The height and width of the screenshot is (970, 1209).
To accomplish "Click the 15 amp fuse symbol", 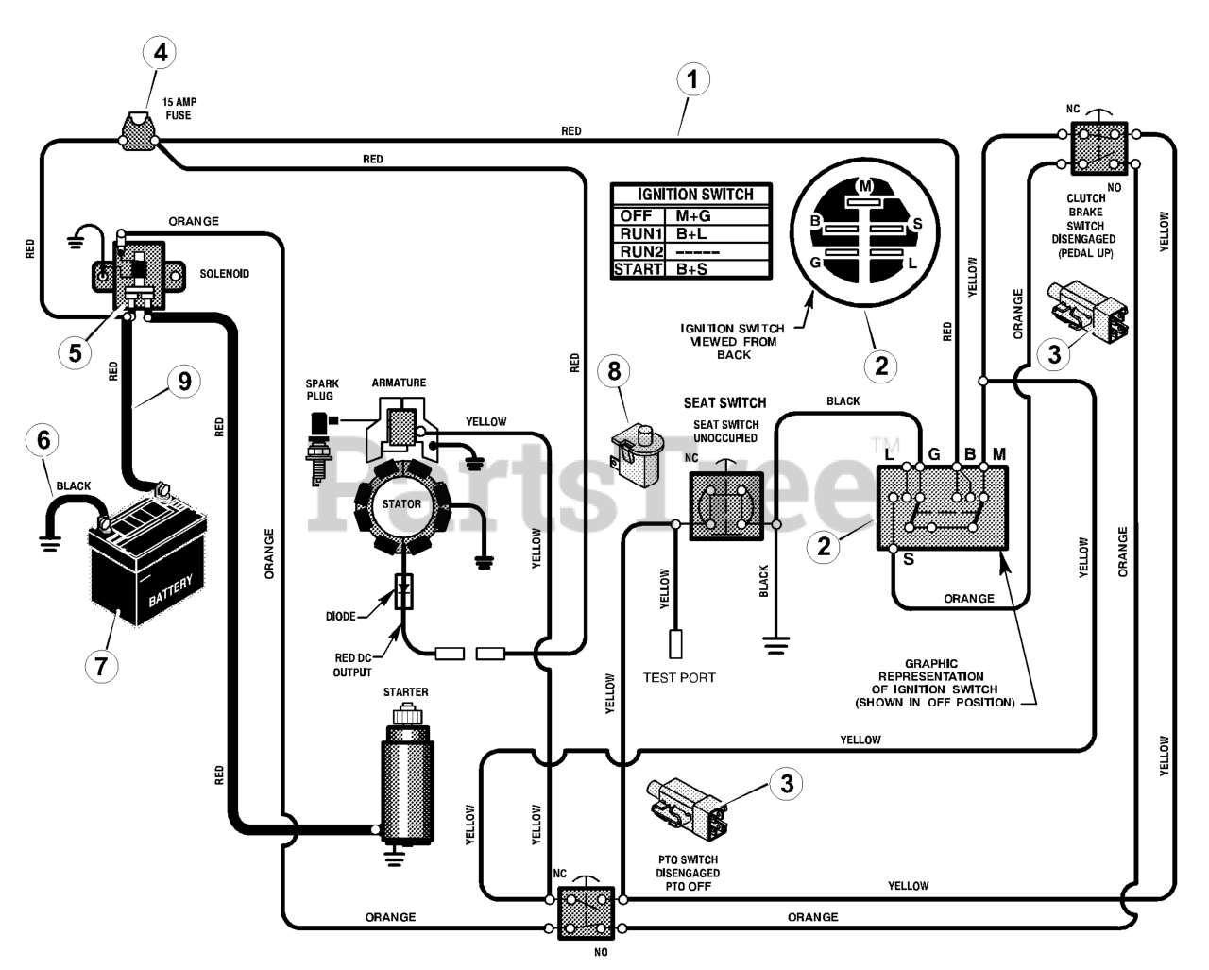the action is [x=138, y=132].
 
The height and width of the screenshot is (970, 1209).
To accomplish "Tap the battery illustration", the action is [x=147, y=556].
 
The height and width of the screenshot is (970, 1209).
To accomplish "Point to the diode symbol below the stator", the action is [x=404, y=592].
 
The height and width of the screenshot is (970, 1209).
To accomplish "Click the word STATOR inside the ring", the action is [x=401, y=504].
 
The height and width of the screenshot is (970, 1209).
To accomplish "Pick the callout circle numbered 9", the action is [x=184, y=382].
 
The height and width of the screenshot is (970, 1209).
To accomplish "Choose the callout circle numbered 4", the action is [x=161, y=52].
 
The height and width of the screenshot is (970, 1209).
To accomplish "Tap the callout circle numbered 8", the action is [x=614, y=371].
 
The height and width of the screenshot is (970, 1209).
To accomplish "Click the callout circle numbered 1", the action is [x=692, y=79].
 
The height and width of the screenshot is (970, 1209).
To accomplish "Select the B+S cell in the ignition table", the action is [x=692, y=269].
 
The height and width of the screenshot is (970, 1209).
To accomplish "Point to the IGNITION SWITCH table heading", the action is [x=695, y=195].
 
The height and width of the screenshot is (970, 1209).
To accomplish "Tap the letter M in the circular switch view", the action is [x=865, y=185].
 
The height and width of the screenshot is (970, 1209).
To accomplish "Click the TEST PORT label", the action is [x=679, y=678].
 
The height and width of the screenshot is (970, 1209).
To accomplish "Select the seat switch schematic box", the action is [x=726, y=506].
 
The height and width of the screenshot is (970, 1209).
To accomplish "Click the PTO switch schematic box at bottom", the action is [x=586, y=913].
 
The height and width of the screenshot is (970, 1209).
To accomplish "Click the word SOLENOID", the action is [x=224, y=274].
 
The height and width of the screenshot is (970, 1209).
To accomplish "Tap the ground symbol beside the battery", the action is [x=50, y=543].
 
